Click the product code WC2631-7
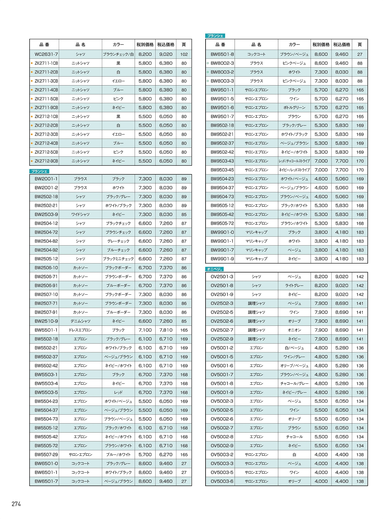[x=46, y=54]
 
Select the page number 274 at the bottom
[x=16, y=504]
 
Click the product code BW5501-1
[x=46, y=330]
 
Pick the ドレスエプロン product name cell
[x=80, y=330]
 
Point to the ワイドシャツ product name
[x=80, y=214]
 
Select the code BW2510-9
[x=46, y=321]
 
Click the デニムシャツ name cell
[x=80, y=321]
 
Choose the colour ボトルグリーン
[x=294, y=107]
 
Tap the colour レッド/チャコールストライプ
[x=294, y=161]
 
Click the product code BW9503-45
[x=222, y=170]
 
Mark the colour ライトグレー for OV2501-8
[x=294, y=285]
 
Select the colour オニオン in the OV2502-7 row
[x=294, y=330]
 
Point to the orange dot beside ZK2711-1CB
[x=32, y=63]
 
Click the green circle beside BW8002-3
[x=208, y=63]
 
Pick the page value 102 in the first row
[x=184, y=54]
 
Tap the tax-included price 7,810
[x=166, y=330]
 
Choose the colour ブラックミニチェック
[x=118, y=259]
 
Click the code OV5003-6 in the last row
[x=222, y=481]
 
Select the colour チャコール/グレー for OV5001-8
[x=294, y=383]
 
